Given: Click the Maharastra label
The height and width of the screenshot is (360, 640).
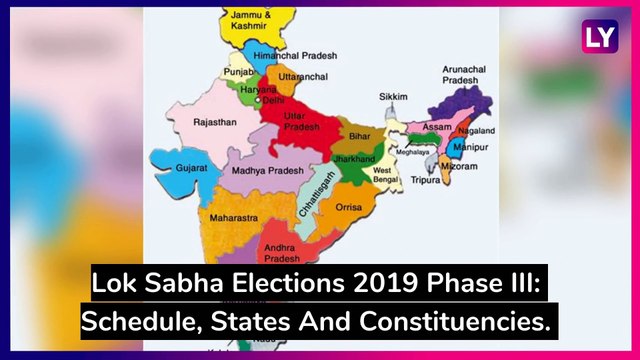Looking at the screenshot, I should point(232,217).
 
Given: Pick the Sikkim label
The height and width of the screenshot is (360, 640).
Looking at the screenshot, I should point(393,96).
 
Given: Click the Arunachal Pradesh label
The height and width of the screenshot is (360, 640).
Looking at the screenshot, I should point(463,76).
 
